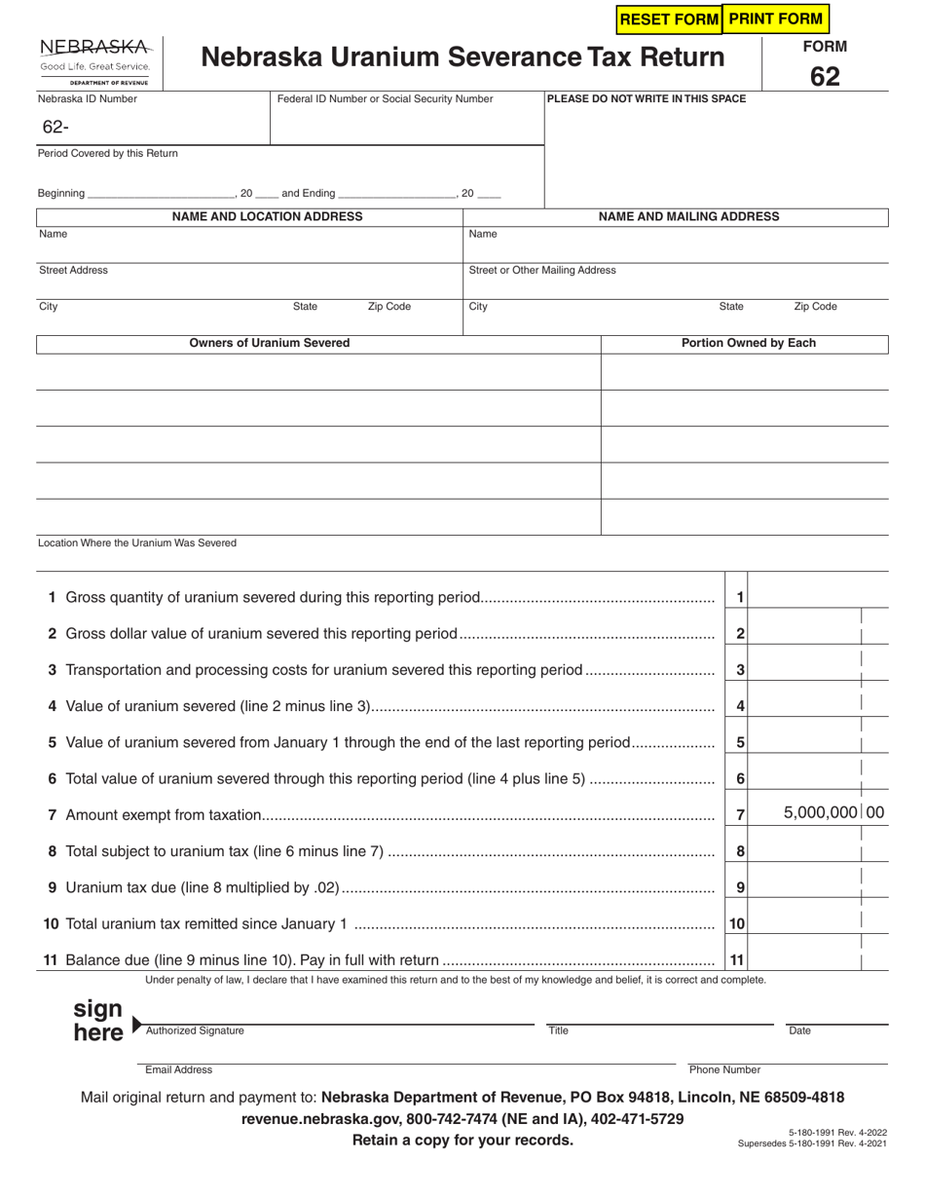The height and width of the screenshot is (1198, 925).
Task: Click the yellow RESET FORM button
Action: pyautogui.click(x=669, y=19)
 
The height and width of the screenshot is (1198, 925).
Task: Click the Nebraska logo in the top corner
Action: pyautogui.click(x=94, y=60)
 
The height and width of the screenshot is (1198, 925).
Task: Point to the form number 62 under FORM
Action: pyautogui.click(x=824, y=76)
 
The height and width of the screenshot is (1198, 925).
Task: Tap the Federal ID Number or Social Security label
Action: pyautogui.click(x=386, y=98)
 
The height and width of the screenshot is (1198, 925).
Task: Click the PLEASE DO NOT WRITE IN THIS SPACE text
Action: pyautogui.click(x=647, y=98)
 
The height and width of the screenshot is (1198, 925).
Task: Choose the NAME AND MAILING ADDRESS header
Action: pyautogui.click(x=688, y=216)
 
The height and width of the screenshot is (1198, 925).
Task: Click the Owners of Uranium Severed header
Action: pyautogui.click(x=270, y=343)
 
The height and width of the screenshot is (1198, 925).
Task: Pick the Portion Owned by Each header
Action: pyautogui.click(x=748, y=343)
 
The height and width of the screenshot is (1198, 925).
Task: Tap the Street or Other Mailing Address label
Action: pyautogui.click(x=542, y=270)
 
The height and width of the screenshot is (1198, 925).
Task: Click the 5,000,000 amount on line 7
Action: pyautogui.click(x=820, y=812)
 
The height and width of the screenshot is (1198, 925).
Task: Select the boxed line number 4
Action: pyautogui.click(x=740, y=706)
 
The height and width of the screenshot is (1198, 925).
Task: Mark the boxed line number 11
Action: pyautogui.click(x=737, y=960)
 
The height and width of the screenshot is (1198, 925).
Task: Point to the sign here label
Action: pyautogui.click(x=98, y=1020)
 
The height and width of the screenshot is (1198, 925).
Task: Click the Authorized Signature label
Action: pyautogui.click(x=195, y=1030)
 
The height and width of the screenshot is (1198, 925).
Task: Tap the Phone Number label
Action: pyautogui.click(x=724, y=1069)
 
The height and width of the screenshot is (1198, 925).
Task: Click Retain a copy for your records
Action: pyautogui.click(x=462, y=1140)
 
